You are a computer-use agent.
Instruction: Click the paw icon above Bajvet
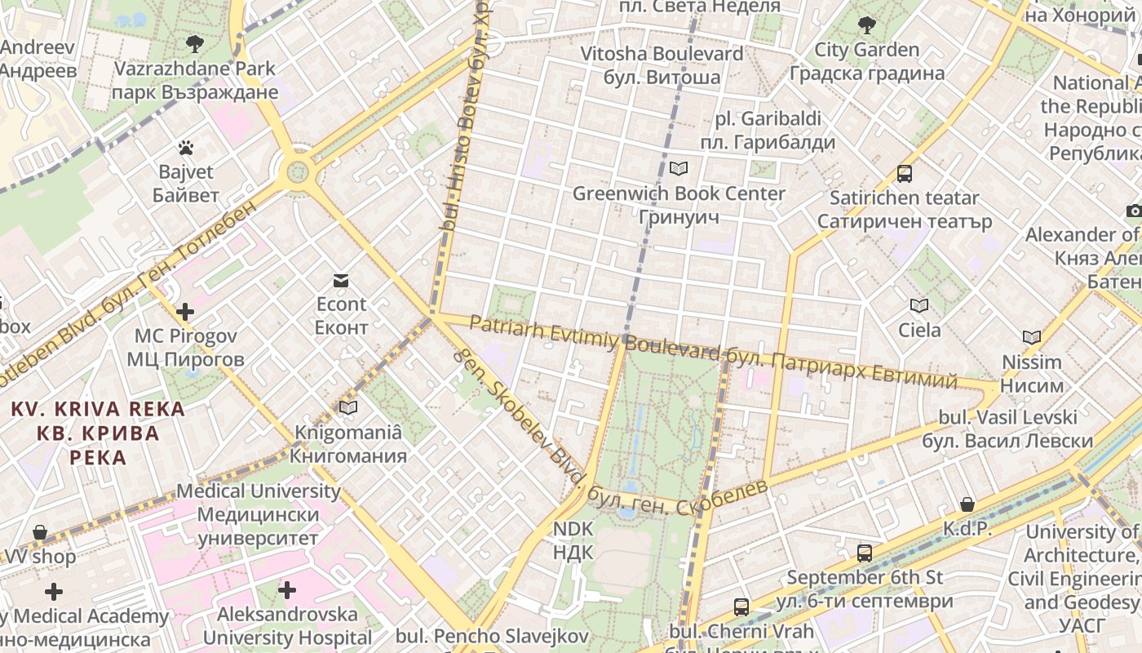click(x=186, y=149)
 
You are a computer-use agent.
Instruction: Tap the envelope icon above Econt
click(x=341, y=281)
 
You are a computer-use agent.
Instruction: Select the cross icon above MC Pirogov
click(x=185, y=312)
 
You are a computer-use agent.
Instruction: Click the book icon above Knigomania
click(x=348, y=407)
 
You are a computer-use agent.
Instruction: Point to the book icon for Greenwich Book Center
click(x=679, y=169)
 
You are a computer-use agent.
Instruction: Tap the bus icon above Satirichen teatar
click(x=905, y=173)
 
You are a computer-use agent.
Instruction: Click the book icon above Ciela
click(x=919, y=306)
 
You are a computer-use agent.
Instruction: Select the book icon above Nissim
click(x=1032, y=337)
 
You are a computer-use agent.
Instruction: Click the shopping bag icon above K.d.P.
click(x=967, y=504)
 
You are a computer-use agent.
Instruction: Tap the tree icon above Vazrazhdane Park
click(x=194, y=43)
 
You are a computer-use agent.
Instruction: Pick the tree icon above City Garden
click(x=866, y=25)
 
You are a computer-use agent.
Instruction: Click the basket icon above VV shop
click(x=40, y=533)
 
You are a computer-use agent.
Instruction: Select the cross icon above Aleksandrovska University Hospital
click(x=287, y=589)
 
